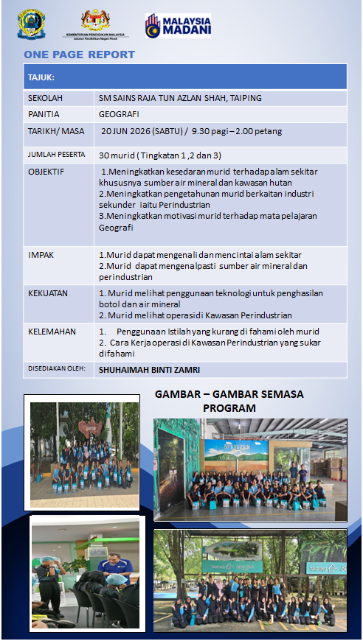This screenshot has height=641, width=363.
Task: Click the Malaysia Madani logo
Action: click(178, 26)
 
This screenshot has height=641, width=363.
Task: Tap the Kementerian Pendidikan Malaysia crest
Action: click(95, 21)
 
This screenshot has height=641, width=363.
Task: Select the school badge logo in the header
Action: click(31, 24)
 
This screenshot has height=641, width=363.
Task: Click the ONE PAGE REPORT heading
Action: click(80, 55)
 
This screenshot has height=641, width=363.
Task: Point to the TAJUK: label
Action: click(41, 77)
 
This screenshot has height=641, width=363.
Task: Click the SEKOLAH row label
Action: click(45, 98)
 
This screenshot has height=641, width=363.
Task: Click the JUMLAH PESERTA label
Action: click(57, 155)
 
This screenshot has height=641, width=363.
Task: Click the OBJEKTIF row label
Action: click(46, 172)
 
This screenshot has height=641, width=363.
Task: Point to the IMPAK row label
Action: click(41, 255)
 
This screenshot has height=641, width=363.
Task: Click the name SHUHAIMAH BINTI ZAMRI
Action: click(149, 370)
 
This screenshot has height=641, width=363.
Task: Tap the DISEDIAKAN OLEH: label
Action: click(57, 368)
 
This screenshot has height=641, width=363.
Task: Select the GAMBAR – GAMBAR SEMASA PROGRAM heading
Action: click(229, 401)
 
